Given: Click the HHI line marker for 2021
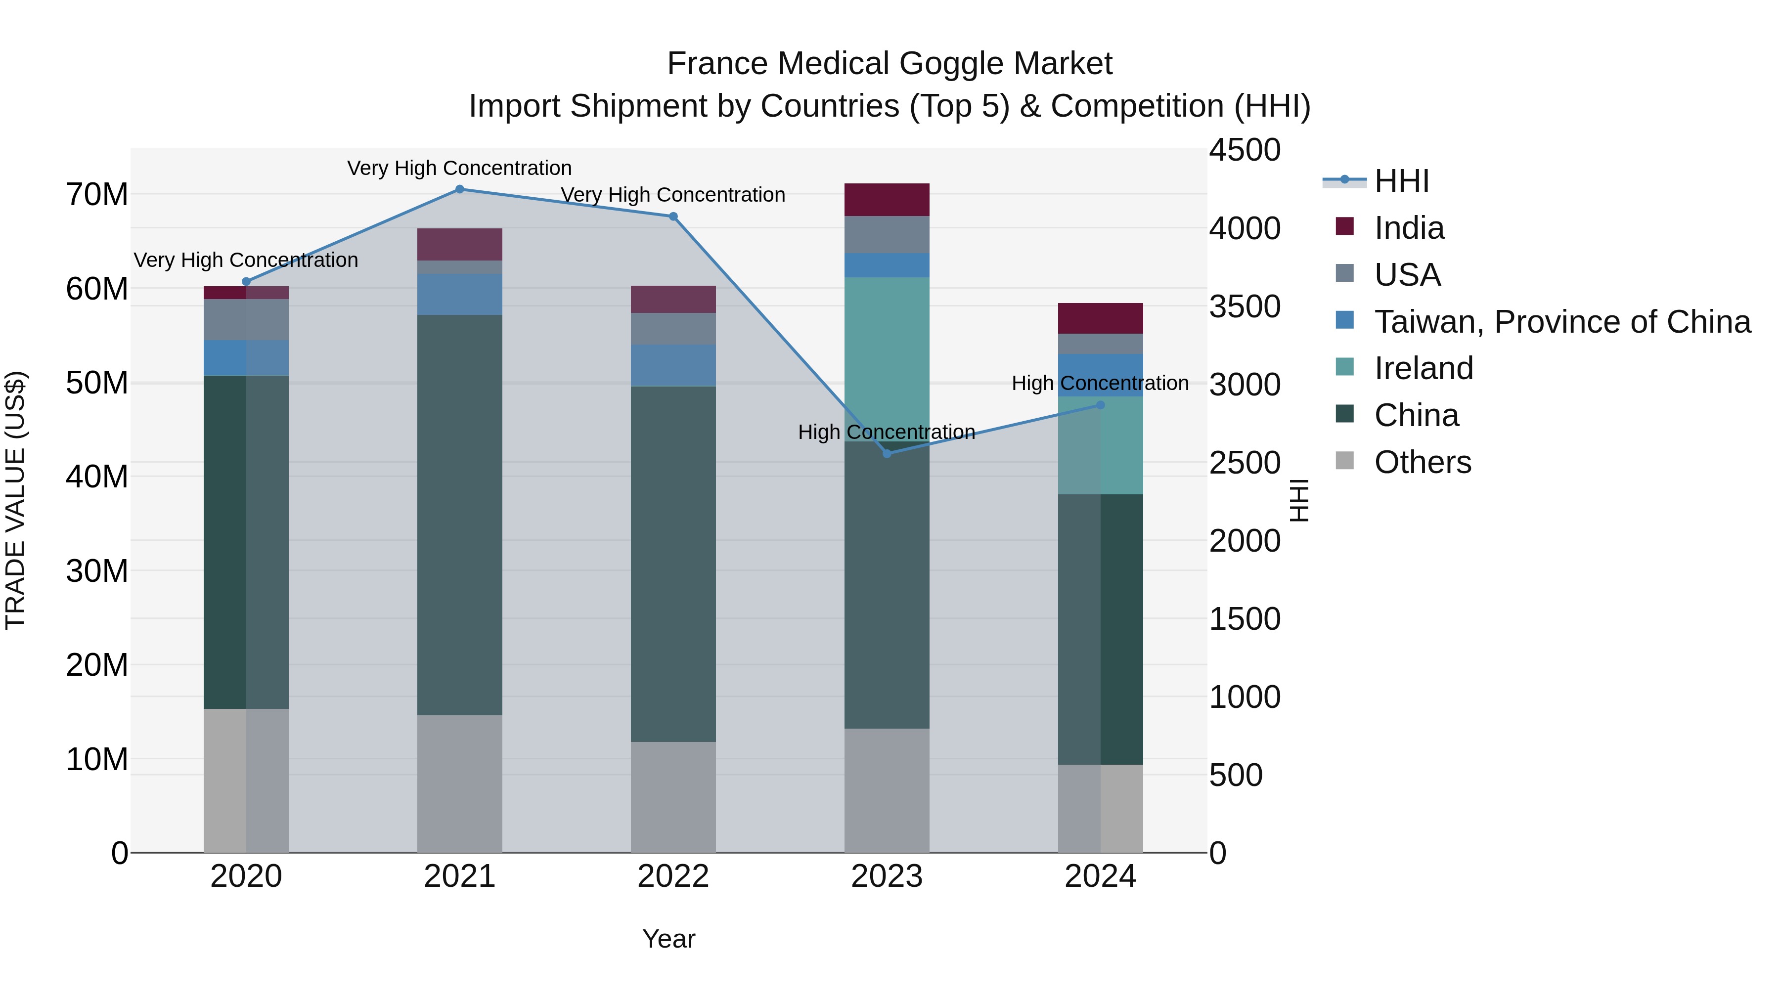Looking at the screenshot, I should pos(459,189).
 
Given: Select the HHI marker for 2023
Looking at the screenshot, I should pos(887,453).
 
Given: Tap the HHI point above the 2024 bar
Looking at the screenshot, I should pos(1100,405).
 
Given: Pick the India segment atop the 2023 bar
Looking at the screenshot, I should pos(887,200).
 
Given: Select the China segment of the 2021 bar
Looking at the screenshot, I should pos(459,515).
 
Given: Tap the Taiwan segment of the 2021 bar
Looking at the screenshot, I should pos(459,294).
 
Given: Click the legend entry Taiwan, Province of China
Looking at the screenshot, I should pos(1561,322).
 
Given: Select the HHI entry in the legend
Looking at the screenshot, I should pos(1401,181).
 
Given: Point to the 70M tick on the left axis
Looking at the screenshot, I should pos(97,195).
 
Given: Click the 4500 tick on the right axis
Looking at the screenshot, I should pos(1245,150).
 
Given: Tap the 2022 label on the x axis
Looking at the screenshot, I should pos(673,876).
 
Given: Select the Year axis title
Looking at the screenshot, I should pos(668,939).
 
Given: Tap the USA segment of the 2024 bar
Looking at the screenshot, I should pos(1100,344).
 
